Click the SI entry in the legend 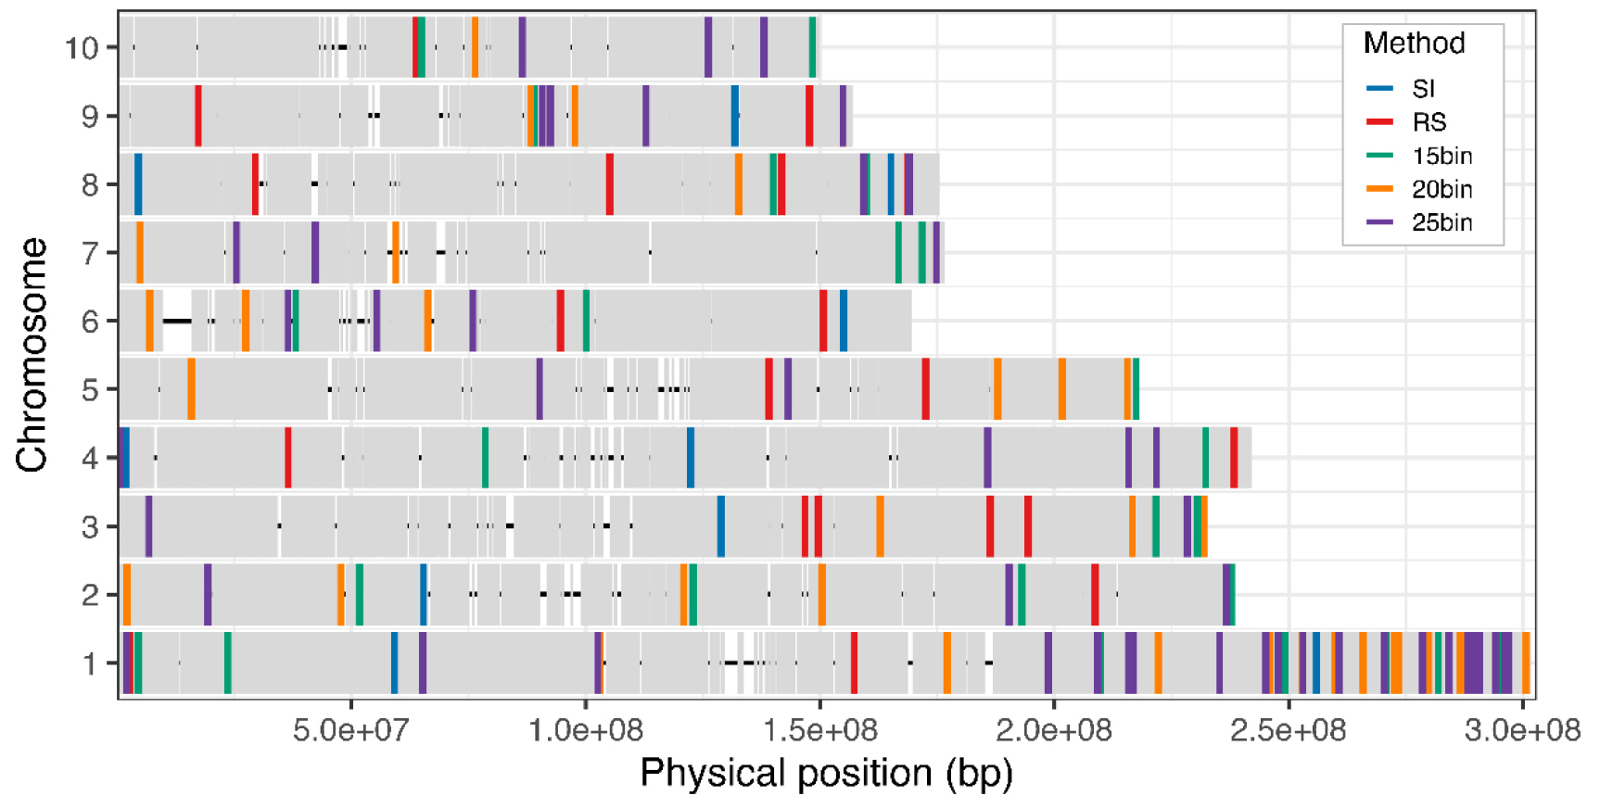pyautogui.click(x=1423, y=89)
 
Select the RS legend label pyautogui.click(x=1429, y=122)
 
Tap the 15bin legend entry pyautogui.click(x=1441, y=156)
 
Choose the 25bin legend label pyautogui.click(x=1441, y=222)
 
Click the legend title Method pyautogui.click(x=1414, y=44)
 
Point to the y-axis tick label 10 pyautogui.click(x=82, y=47)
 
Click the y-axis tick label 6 pyautogui.click(x=90, y=322)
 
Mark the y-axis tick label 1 pyautogui.click(x=90, y=663)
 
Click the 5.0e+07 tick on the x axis pyautogui.click(x=350, y=730)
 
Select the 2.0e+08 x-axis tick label pyautogui.click(x=1053, y=730)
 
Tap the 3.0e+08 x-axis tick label pyautogui.click(x=1521, y=730)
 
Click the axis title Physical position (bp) pyautogui.click(x=826, y=773)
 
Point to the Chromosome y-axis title pyautogui.click(x=32, y=355)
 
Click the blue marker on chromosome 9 pyautogui.click(x=735, y=116)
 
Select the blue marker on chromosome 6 pyautogui.click(x=844, y=321)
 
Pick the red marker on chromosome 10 pyautogui.click(x=414, y=47)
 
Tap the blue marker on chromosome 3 pyautogui.click(x=721, y=526)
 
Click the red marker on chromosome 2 pyautogui.click(x=1095, y=595)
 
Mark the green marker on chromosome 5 pyautogui.click(x=1136, y=389)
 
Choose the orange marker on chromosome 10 pyautogui.click(x=476, y=47)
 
